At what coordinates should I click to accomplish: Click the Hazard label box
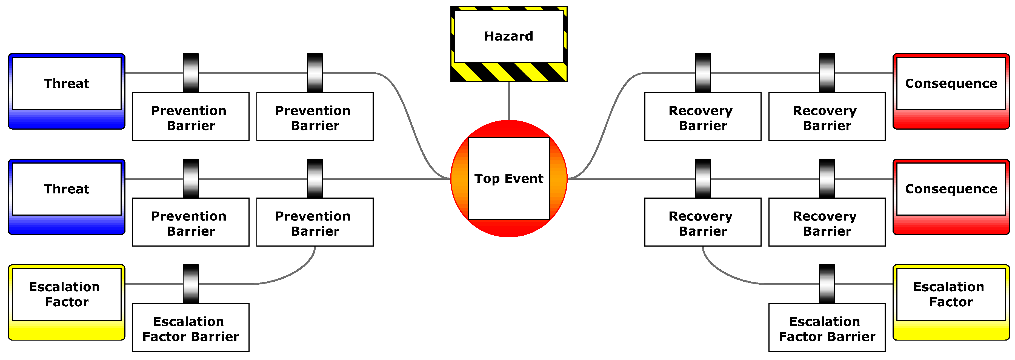pos(509,36)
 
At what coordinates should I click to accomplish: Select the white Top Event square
pos(509,197)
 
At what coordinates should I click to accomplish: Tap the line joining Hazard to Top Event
pos(509,101)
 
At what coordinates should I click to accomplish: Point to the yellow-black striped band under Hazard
pos(509,72)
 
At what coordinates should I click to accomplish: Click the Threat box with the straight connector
pos(67,189)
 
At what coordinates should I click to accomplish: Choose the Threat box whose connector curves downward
pos(67,84)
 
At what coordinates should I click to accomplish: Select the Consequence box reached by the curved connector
pos(951,84)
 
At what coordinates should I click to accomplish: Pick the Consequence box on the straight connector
pos(951,189)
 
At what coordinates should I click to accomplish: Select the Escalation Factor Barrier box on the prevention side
pos(191,329)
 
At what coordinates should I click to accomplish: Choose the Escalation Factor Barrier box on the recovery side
pos(827,329)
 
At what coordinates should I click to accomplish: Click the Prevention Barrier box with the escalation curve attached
pos(315,223)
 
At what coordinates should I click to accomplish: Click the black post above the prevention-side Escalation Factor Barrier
pos(191,284)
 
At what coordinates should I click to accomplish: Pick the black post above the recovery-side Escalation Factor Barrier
pos(827,284)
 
